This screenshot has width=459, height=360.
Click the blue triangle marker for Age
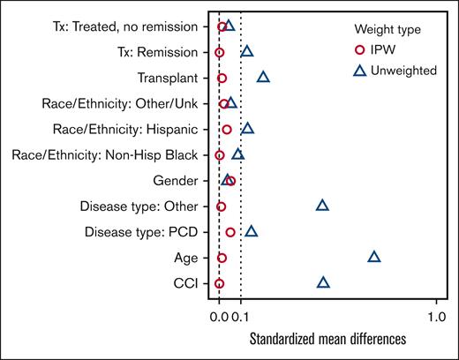[374, 257]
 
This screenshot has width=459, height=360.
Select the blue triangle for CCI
[324, 282]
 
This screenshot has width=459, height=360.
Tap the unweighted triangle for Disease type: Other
[322, 206]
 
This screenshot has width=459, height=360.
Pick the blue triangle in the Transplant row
[263, 78]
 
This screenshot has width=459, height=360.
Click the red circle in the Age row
[222, 258]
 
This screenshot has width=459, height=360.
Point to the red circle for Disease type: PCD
[230, 232]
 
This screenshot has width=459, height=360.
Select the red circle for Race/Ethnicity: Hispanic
[227, 130]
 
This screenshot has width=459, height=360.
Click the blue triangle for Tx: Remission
[247, 52]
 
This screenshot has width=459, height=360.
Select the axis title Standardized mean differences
[327, 339]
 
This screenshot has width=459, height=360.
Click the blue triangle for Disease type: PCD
[252, 231]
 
